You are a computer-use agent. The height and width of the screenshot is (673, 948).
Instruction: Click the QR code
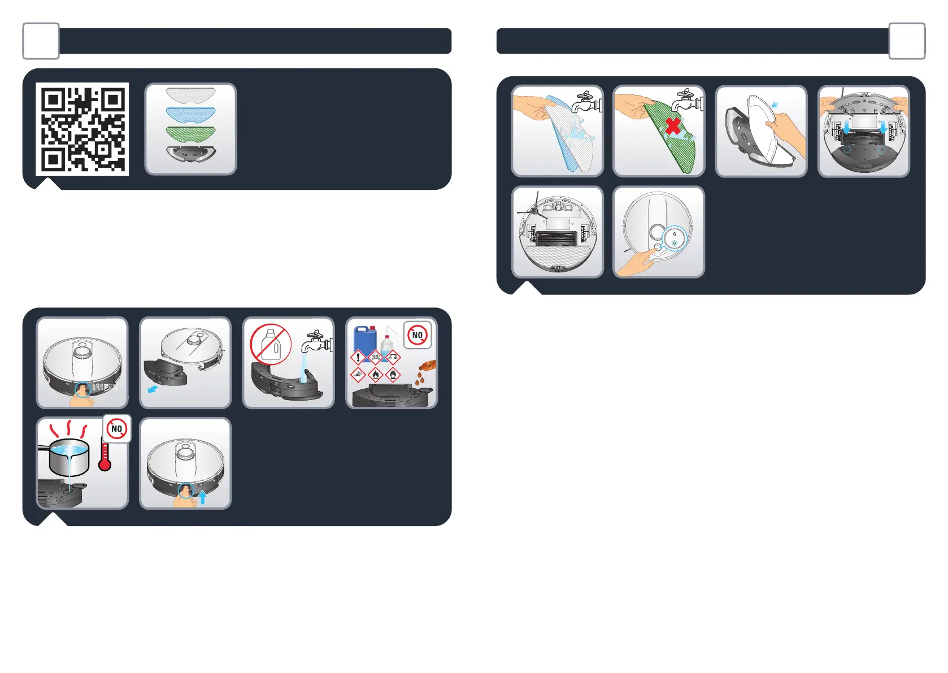point(82,129)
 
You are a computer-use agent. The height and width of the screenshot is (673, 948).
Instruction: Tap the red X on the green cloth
point(672,125)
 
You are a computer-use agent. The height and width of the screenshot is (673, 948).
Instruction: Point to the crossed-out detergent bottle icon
point(271,344)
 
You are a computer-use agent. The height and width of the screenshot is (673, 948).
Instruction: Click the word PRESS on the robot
point(103,388)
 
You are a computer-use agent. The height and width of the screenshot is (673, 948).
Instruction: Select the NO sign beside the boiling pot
point(117,429)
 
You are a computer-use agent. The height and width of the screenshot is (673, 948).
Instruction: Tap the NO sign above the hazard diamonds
point(418,335)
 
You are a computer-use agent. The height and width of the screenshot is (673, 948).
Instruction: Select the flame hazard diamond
point(376,374)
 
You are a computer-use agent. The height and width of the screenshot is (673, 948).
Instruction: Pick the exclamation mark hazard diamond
point(358,357)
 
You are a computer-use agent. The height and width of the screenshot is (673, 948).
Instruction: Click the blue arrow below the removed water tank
point(151,389)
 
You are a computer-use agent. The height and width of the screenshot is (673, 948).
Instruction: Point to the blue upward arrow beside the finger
point(202,497)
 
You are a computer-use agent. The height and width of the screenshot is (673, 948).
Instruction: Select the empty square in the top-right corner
point(907,41)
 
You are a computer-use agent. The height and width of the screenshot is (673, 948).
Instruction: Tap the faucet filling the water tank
point(315,342)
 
